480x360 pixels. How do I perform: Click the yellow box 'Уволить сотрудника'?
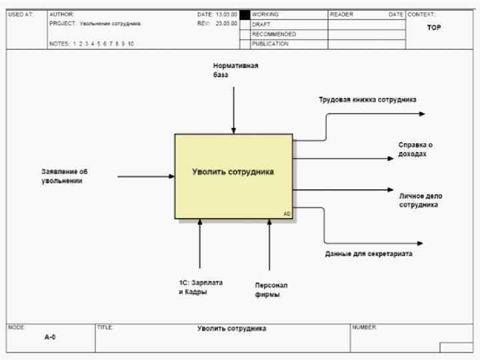[x=233, y=176]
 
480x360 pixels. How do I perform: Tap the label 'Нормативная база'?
[x=235, y=71]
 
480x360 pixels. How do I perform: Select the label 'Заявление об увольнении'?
[x=64, y=176]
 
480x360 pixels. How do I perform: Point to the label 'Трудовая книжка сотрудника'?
[x=367, y=99]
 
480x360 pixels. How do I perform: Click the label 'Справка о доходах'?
[x=416, y=149]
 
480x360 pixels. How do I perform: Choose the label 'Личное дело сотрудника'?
[x=421, y=201]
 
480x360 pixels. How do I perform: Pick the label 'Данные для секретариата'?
[x=368, y=254]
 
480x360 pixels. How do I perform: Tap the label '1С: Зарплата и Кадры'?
[x=201, y=287]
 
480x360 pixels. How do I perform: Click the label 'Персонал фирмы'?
[x=271, y=289]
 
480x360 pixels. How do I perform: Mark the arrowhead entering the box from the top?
[x=233, y=131]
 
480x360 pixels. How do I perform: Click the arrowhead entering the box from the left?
[x=171, y=177]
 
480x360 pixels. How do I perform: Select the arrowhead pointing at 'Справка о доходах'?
[x=391, y=159]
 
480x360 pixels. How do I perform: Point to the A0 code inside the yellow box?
[x=287, y=214]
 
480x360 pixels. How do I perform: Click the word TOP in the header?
[x=434, y=28]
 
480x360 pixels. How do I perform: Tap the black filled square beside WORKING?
[x=245, y=14]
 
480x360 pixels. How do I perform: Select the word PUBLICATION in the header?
[x=270, y=44]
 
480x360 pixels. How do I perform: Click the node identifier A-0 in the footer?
[x=50, y=337]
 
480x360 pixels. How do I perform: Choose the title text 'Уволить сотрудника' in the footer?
[x=231, y=329]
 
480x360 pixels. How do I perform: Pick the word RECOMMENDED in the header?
[x=274, y=34]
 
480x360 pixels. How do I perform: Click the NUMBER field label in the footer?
[x=365, y=327]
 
